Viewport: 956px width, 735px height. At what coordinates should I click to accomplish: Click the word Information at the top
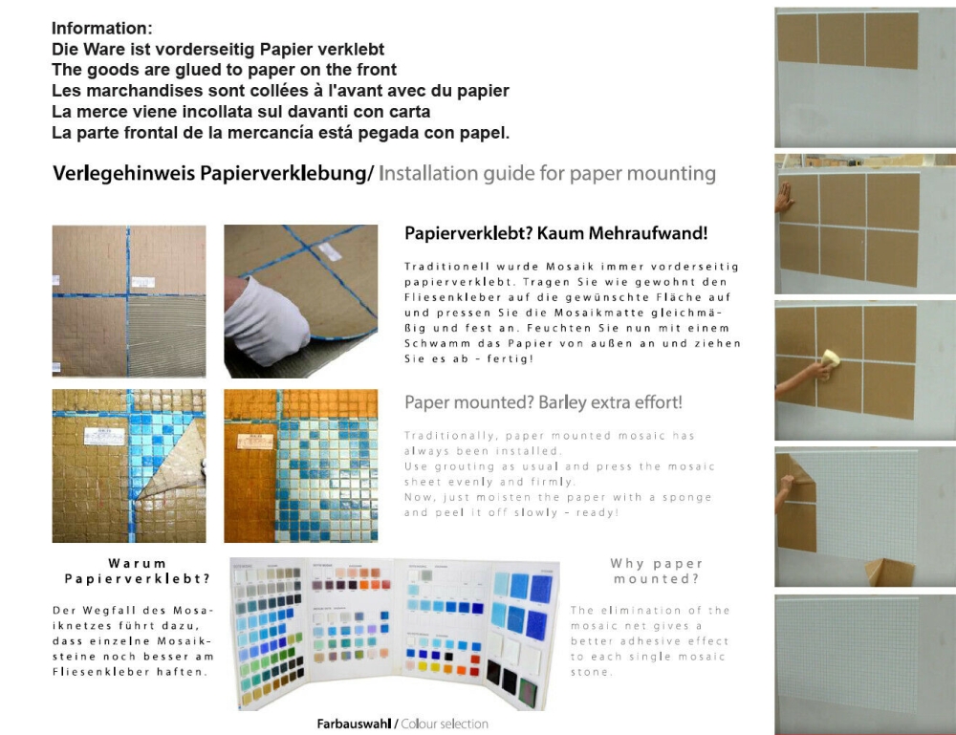click(101, 29)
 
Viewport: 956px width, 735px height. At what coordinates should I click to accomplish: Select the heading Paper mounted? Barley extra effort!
click(543, 402)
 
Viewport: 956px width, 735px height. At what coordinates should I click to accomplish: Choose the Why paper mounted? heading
click(656, 571)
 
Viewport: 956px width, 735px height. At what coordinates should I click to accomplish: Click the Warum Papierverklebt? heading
click(136, 571)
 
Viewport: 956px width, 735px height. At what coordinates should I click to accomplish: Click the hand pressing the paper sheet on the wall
click(784, 198)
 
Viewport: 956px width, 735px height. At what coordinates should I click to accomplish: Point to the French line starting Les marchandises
click(280, 91)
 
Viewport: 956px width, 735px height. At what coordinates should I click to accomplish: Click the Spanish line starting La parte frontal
click(280, 132)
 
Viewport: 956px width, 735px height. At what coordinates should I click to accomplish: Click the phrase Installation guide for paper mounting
click(547, 174)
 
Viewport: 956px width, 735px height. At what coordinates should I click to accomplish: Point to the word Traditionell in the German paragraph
click(447, 267)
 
